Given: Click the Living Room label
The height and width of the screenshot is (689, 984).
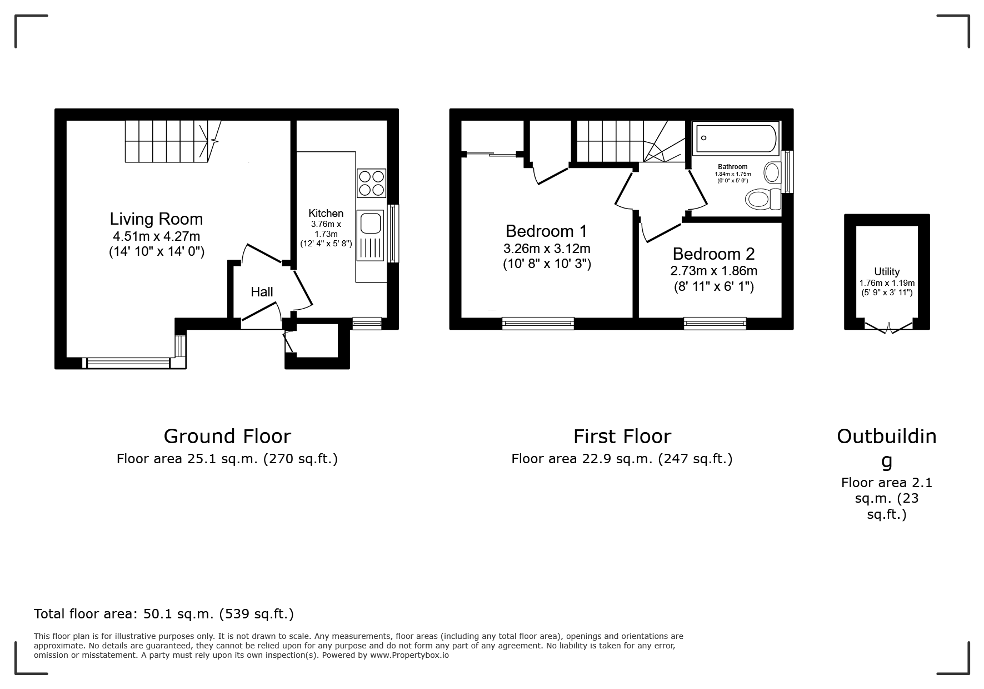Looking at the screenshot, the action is pyautogui.click(x=156, y=219).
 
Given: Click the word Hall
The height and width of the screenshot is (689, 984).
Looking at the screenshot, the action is pyautogui.click(x=262, y=291).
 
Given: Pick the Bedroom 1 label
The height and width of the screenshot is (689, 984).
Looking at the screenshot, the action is pyautogui.click(x=547, y=231).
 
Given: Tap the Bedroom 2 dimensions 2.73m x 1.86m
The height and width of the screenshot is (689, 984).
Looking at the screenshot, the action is pyautogui.click(x=714, y=271).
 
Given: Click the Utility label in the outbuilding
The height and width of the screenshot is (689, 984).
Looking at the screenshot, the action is pyautogui.click(x=887, y=271).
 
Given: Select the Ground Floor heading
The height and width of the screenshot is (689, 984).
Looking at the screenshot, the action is pyautogui.click(x=227, y=437).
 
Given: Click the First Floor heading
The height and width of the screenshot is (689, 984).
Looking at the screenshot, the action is pyautogui.click(x=622, y=437).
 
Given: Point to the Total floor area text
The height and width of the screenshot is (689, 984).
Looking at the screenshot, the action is pyautogui.click(x=164, y=614).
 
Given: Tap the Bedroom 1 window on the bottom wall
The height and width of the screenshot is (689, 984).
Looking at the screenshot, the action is pyautogui.click(x=538, y=323).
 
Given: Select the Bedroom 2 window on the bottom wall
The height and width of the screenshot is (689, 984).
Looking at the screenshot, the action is pyautogui.click(x=715, y=323).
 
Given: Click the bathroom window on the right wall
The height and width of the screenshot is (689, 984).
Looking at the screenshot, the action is pyautogui.click(x=787, y=172).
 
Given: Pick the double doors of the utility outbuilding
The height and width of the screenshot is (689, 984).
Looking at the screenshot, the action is pyautogui.click(x=888, y=326).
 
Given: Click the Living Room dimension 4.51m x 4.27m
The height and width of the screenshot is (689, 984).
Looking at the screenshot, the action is pyautogui.click(x=156, y=236).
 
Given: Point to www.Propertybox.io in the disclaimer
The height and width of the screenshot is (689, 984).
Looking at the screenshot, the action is pyautogui.click(x=409, y=655).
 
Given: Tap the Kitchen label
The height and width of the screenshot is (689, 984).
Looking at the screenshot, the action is pyautogui.click(x=326, y=213).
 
